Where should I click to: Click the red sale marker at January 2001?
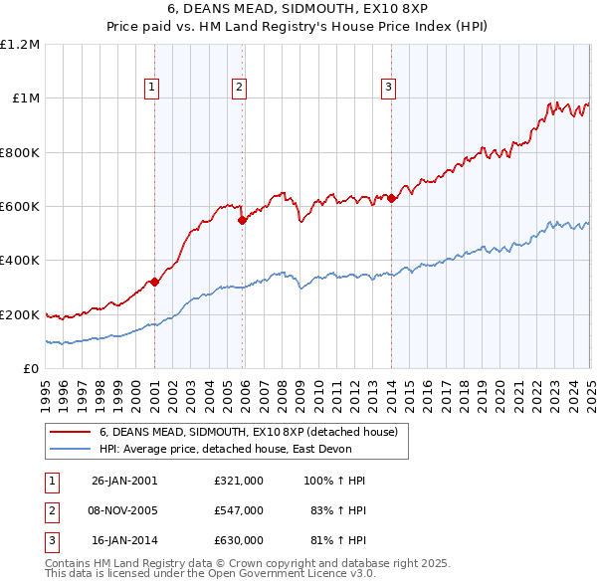[155, 283]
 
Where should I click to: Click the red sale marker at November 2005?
[243, 221]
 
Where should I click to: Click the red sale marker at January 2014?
[391, 198]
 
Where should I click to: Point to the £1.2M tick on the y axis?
[20, 45]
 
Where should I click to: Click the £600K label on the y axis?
[20, 207]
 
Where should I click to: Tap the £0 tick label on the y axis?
[33, 369]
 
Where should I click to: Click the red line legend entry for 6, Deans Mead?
[249, 432]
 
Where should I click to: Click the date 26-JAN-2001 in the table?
[124, 481]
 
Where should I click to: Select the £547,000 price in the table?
[239, 510]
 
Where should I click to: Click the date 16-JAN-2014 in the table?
[124, 540]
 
